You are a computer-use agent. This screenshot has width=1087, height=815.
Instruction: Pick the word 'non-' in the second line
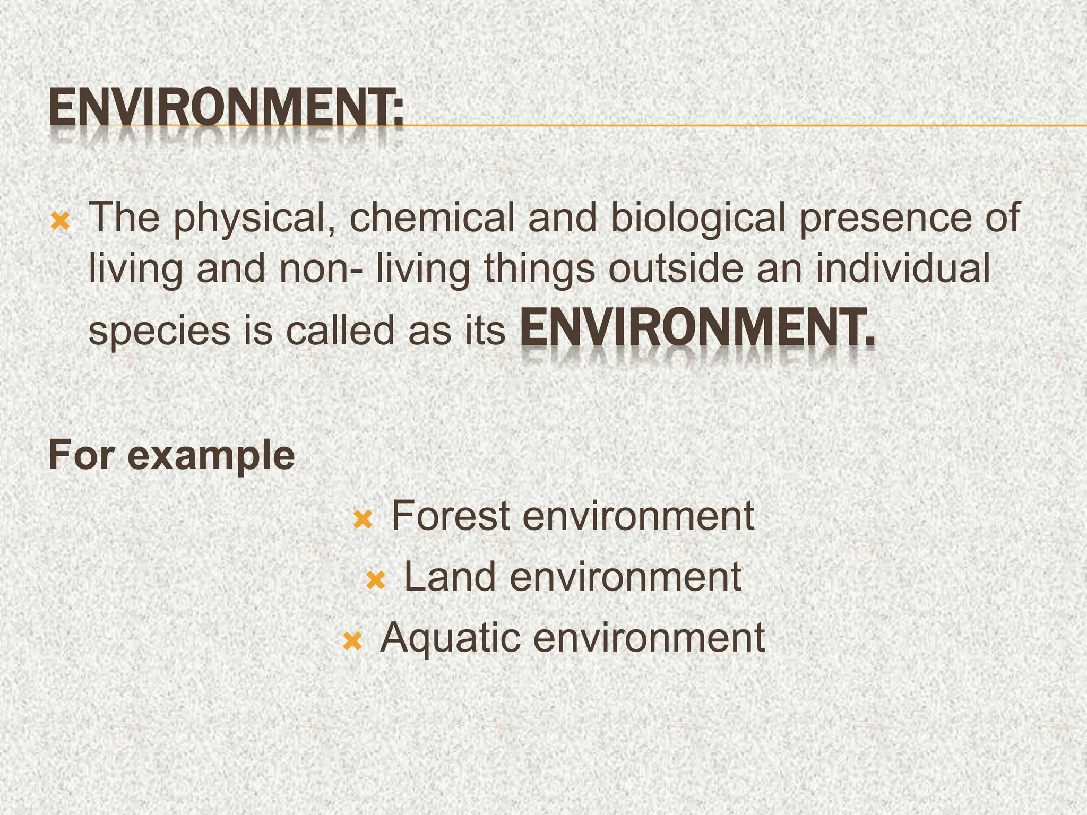pos(321,268)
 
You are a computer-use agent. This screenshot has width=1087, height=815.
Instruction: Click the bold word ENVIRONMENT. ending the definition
pos(697,328)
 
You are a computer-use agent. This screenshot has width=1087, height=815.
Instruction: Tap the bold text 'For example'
pos(171,455)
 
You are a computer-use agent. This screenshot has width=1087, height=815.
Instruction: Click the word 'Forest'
pos(451,516)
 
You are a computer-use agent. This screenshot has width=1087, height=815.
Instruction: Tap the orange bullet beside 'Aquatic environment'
pos(352,641)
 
